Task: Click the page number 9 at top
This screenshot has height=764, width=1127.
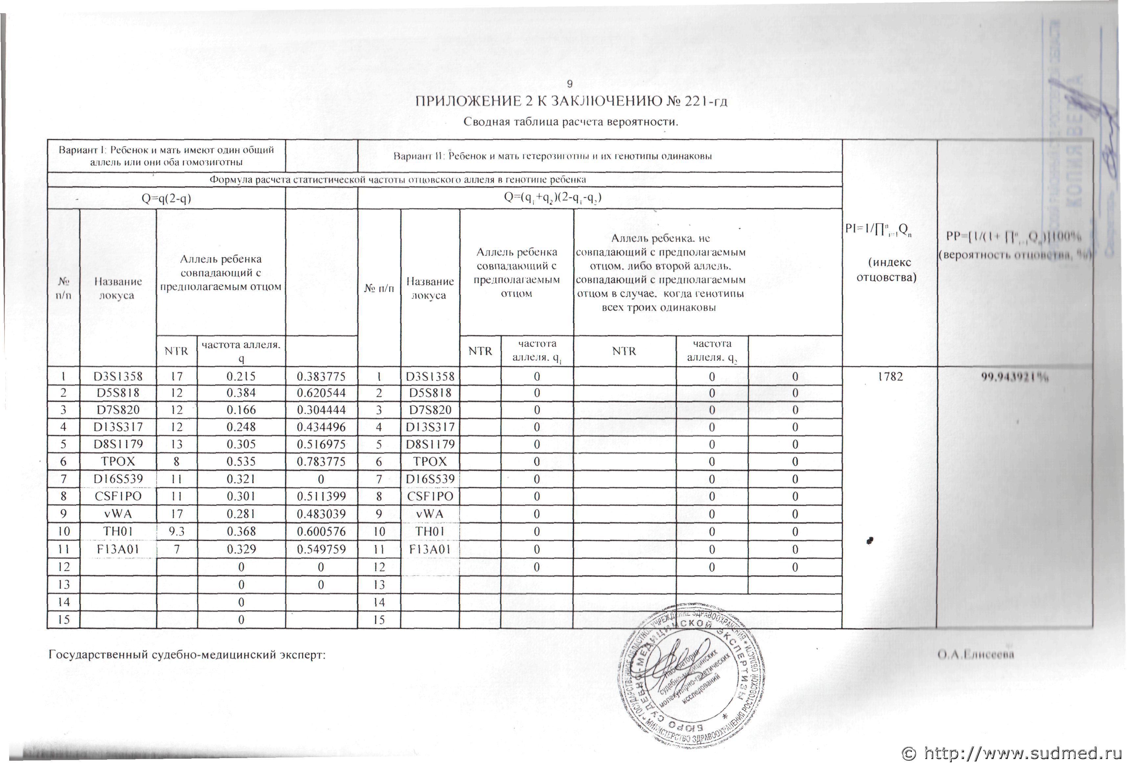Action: tap(570, 84)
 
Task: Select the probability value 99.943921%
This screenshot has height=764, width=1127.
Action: tap(1015, 378)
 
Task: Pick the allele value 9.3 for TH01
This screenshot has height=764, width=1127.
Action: tap(176, 531)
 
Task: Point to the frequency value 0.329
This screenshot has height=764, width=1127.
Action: tap(241, 549)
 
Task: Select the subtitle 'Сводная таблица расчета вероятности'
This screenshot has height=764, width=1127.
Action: tap(570, 121)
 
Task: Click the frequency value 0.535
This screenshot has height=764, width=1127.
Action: tap(241, 461)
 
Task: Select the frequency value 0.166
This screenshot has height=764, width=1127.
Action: tap(241, 410)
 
